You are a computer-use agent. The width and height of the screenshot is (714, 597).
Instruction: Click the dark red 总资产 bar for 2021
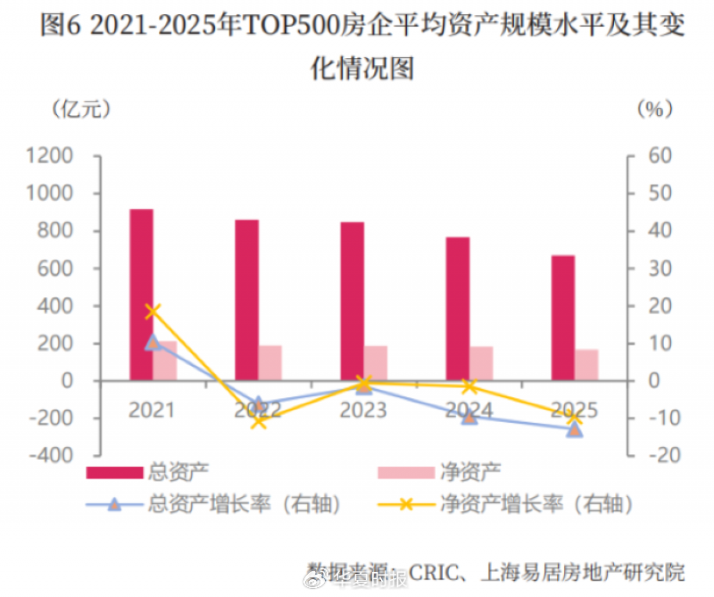click(141, 294)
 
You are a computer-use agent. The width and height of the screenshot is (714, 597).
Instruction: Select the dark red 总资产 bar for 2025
click(562, 318)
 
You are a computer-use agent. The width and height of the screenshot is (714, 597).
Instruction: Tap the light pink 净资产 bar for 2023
click(376, 363)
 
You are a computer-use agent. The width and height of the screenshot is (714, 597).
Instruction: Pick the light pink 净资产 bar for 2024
click(481, 363)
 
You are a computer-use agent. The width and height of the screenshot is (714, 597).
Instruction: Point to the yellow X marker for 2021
click(153, 311)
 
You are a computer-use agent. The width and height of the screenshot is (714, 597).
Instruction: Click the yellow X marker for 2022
click(259, 421)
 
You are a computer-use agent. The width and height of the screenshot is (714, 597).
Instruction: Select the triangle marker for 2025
click(575, 429)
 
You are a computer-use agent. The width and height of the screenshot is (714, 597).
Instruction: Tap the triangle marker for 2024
click(469, 416)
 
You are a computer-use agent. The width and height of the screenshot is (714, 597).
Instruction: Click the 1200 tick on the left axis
click(49, 156)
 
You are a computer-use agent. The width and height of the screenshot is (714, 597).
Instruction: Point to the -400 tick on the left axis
click(49, 455)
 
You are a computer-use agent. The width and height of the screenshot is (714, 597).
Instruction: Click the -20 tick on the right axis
click(658, 455)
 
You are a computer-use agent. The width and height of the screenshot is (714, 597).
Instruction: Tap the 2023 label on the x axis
click(363, 410)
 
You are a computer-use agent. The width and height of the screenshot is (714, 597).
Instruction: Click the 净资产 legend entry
click(470, 472)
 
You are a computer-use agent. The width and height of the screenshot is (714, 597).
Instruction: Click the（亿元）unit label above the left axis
click(81, 109)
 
